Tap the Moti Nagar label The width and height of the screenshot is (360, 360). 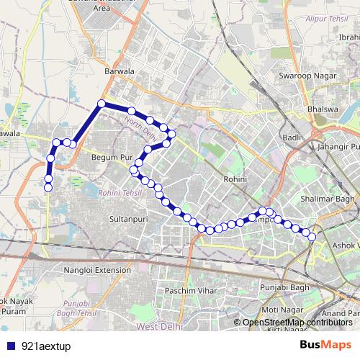281,310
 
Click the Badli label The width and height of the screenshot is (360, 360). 291,137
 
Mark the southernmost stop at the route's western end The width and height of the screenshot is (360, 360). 48,188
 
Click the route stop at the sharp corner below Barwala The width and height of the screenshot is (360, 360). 102,104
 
